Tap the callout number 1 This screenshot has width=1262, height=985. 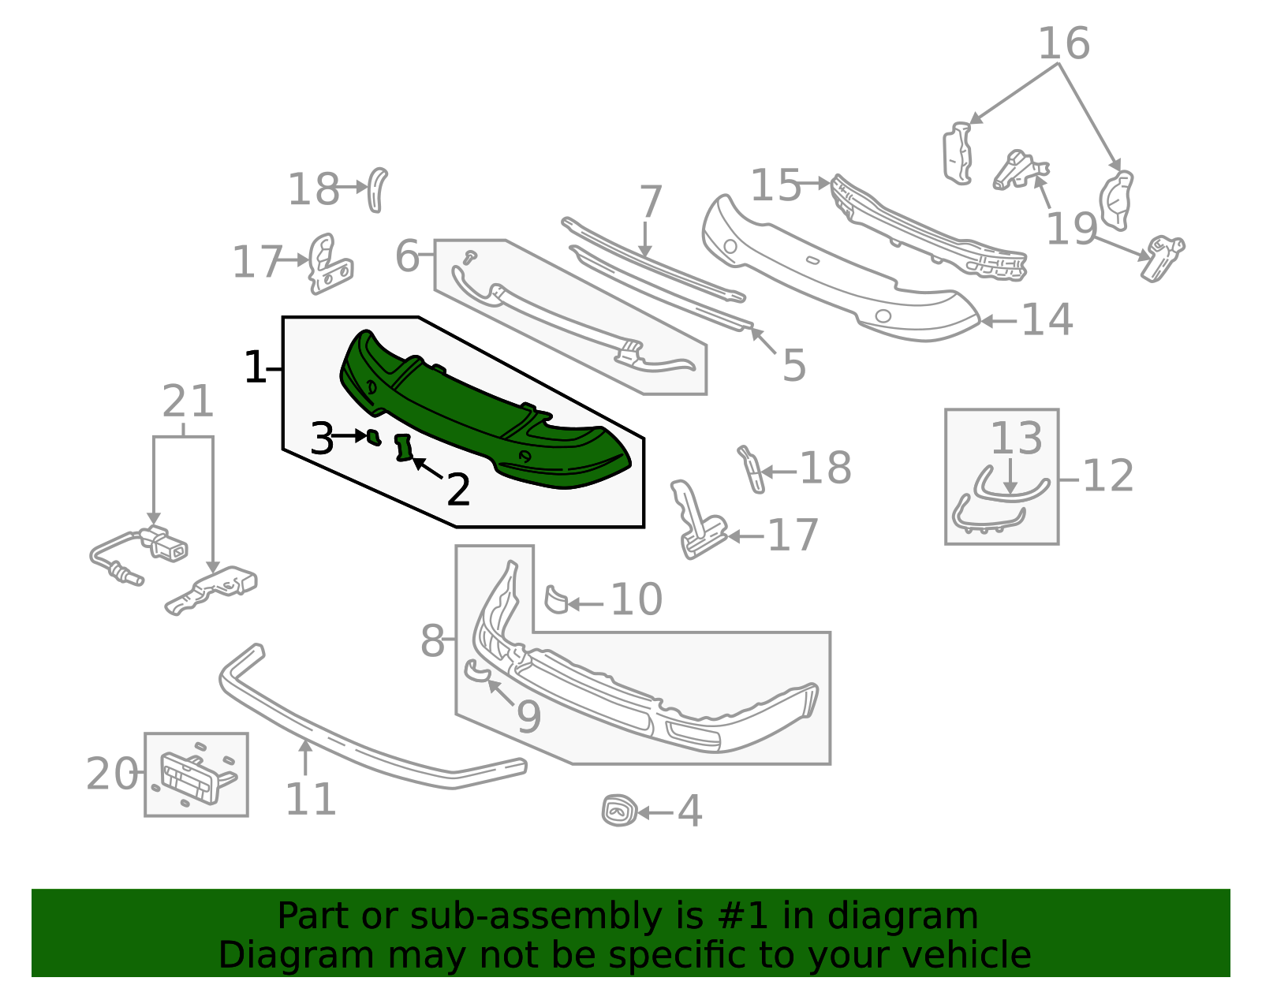tap(255, 368)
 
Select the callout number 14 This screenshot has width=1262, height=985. tap(1047, 320)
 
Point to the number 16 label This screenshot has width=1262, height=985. tap(1063, 44)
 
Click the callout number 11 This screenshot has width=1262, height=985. tap(310, 800)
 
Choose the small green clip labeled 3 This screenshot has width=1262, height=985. tap(373, 436)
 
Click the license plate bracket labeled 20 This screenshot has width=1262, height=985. tap(193, 775)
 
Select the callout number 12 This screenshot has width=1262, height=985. tap(1108, 476)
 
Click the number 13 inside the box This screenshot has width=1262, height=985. tap(1016, 438)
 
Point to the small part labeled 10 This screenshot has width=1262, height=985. tap(556, 599)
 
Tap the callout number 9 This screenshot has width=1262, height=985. tap(528, 717)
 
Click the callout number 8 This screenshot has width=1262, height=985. tap(432, 640)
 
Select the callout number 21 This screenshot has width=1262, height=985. tap(188, 402)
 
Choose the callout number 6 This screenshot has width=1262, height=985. tap(407, 256)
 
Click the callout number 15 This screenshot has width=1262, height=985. tap(775, 186)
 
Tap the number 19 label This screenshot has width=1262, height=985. tap(1071, 229)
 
